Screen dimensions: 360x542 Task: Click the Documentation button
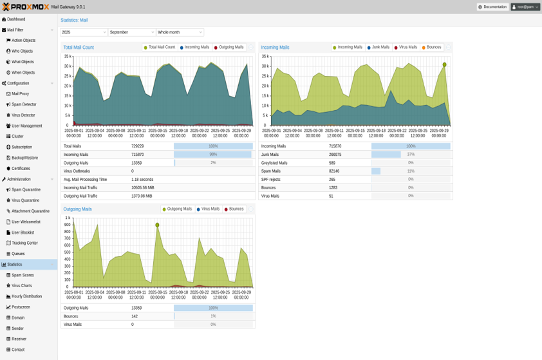[x=492, y=7]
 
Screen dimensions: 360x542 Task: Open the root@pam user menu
[x=525, y=7]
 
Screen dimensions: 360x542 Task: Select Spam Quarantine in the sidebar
[x=26, y=189]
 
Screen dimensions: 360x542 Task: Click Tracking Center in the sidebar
[x=24, y=243]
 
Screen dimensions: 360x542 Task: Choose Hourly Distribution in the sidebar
[x=26, y=296]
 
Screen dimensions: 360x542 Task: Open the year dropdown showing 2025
[x=84, y=32]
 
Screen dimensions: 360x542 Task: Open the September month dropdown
[x=132, y=32]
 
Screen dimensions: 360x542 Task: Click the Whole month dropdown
[x=180, y=32]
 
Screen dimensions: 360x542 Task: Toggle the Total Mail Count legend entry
[x=159, y=47]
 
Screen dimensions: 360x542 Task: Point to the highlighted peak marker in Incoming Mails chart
[x=444, y=64]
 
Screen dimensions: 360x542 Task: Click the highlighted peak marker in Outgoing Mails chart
[x=157, y=225]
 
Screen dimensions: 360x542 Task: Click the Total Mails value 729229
[x=138, y=146]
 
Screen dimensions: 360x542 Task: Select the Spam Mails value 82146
[x=334, y=171]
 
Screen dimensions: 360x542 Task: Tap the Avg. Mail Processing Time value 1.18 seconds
[x=142, y=180]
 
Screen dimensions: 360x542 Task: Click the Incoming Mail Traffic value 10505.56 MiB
[x=143, y=187]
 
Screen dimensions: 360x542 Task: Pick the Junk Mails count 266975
[x=335, y=155]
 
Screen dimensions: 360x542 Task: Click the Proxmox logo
[x=26, y=7]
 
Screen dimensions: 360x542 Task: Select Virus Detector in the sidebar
[x=24, y=115]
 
